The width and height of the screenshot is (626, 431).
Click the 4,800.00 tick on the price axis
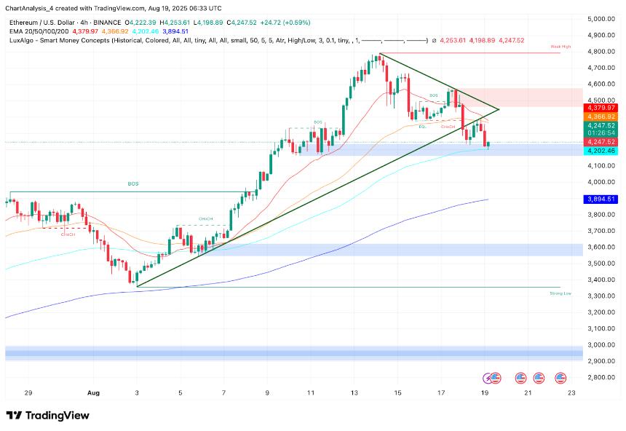click(x=601, y=52)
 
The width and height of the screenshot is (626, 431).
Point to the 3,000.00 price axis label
click(x=601, y=344)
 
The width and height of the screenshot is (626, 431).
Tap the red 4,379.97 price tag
click(x=601, y=108)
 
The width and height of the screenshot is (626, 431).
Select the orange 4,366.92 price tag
click(x=601, y=116)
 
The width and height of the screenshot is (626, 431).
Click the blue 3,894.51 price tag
click(x=601, y=199)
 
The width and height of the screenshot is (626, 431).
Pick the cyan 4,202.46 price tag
click(x=601, y=151)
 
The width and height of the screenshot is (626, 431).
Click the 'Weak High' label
click(x=560, y=47)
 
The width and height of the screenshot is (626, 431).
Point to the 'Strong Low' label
click(x=560, y=293)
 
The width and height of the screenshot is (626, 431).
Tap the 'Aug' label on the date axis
click(x=93, y=393)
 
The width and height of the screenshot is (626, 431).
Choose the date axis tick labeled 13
click(x=354, y=393)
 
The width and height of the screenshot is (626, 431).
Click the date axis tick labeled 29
click(x=28, y=393)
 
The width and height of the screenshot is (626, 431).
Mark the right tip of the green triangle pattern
click(x=499, y=109)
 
